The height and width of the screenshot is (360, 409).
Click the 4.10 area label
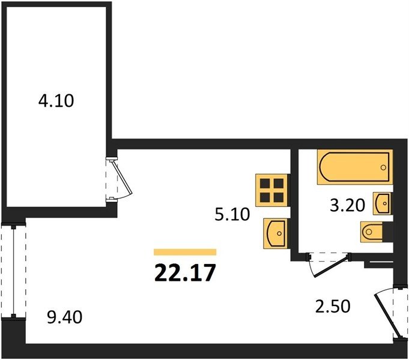tap(56, 101)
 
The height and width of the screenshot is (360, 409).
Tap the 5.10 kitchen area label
tap(232, 214)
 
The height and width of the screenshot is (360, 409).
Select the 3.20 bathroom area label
tap(347, 205)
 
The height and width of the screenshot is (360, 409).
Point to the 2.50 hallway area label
tap(333, 306)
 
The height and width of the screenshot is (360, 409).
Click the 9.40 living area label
tap(65, 317)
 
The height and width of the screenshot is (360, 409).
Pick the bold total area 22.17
tap(185, 272)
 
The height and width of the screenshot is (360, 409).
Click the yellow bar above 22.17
tap(185, 252)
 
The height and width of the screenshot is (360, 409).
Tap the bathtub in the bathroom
tap(355, 167)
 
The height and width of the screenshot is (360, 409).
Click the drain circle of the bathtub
tap(383, 167)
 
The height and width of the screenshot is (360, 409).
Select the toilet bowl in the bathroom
tap(371, 231)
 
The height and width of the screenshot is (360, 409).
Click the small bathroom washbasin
tap(382, 203)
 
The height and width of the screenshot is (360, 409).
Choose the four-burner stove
tap(273, 191)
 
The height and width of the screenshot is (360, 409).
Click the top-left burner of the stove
tap(265, 184)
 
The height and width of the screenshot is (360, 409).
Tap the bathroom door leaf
tap(332, 266)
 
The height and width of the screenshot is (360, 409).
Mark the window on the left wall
tap(13, 271)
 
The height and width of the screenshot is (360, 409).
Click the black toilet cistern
tap(387, 232)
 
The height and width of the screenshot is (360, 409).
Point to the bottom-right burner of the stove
tap(279, 197)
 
